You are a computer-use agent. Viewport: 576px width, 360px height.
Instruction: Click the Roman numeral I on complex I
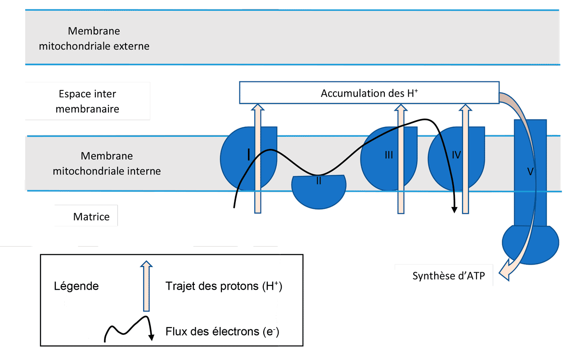click(x=249, y=155)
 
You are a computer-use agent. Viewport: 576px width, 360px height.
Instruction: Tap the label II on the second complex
click(x=319, y=182)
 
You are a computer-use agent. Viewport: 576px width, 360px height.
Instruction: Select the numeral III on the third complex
click(x=389, y=155)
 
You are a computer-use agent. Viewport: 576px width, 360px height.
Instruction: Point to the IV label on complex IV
click(x=456, y=155)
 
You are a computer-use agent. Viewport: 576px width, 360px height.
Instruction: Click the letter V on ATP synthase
click(x=530, y=171)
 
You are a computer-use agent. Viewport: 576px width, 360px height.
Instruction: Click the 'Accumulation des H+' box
click(x=369, y=93)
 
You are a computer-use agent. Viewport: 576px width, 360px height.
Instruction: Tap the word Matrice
click(x=91, y=216)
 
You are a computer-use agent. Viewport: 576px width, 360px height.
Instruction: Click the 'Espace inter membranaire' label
click(x=87, y=101)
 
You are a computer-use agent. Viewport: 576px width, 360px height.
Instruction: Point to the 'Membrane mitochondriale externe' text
click(x=94, y=39)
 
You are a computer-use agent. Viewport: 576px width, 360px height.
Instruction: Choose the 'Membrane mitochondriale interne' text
click(x=107, y=163)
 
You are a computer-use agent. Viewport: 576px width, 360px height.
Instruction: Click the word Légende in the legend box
click(x=76, y=286)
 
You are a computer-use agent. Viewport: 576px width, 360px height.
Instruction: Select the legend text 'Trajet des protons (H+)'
click(x=224, y=286)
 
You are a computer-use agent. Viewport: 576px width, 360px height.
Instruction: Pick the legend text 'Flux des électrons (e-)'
click(x=222, y=332)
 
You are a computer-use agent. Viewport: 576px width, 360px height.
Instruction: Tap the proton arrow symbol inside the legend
click(x=146, y=286)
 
